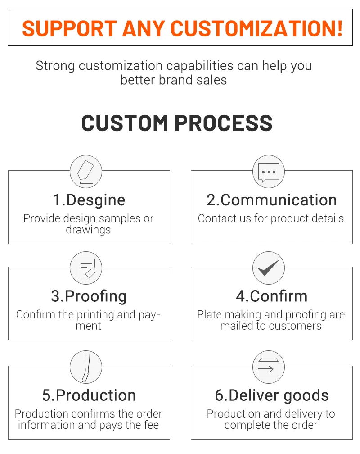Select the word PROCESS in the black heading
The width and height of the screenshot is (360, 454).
223,123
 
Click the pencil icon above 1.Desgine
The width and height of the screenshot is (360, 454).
85,172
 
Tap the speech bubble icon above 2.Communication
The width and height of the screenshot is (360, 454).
269,172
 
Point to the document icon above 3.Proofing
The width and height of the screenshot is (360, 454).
85,268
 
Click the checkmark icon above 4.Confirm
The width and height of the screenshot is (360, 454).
269,268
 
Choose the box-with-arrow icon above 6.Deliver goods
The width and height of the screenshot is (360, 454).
269,367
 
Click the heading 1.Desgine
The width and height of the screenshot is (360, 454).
89,200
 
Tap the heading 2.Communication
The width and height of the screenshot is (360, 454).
272,200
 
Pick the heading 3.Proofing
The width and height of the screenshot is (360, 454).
89,296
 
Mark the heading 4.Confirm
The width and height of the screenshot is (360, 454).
272,296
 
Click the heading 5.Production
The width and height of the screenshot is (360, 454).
89,395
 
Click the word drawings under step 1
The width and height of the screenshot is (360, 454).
88,230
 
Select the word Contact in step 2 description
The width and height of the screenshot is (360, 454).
214,218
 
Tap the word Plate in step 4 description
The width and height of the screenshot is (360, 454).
209,315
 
